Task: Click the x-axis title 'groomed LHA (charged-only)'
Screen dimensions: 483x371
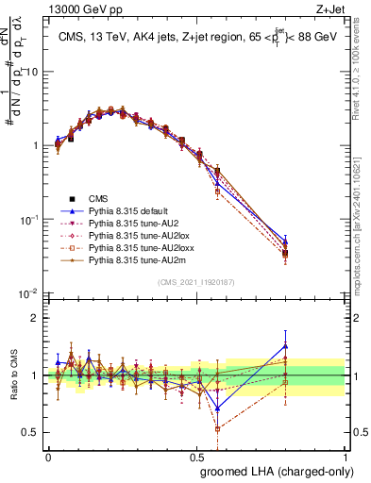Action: [x=283, y=471]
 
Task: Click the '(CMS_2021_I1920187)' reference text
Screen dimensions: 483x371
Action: [x=197, y=282]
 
